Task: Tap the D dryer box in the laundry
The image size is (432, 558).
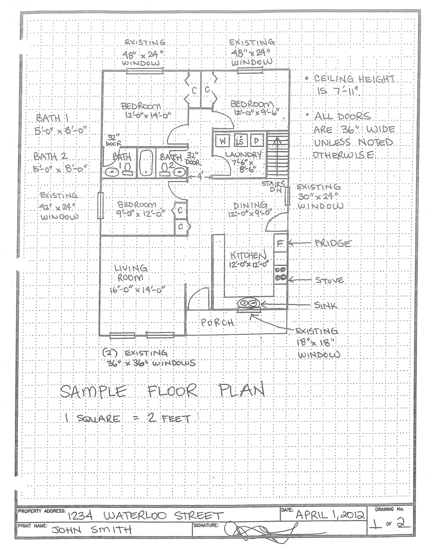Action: click(256, 141)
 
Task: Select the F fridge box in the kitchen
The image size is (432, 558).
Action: click(280, 243)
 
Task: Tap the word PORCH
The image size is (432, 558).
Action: click(217, 323)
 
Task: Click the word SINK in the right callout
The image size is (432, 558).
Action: click(326, 305)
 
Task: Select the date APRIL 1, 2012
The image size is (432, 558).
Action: click(330, 514)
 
